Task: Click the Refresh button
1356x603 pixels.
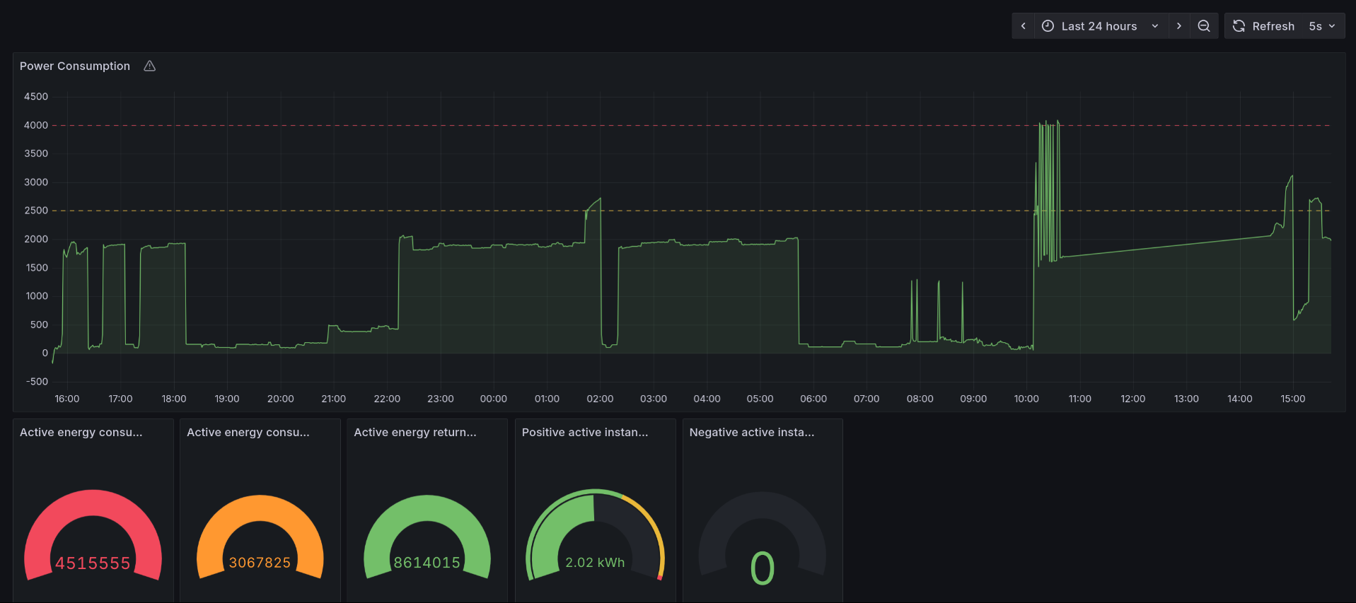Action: [1264, 26]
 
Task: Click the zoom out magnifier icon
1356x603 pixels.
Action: [1204, 26]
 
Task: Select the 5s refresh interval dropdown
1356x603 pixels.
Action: [1321, 26]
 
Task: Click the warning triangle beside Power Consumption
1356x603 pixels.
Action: [149, 66]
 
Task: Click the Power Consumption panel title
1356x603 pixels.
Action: [75, 66]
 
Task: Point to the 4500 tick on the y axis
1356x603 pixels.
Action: [36, 96]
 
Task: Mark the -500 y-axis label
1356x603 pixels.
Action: [37, 382]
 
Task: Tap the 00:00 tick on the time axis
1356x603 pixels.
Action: [493, 399]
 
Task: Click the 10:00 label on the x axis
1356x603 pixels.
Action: [1026, 399]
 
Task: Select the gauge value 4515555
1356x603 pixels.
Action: [93, 563]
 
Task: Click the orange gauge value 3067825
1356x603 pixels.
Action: [260, 563]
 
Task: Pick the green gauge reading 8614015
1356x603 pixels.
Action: [427, 563]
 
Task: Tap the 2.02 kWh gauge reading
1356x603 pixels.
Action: [595, 563]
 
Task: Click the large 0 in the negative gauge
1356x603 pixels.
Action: [762, 568]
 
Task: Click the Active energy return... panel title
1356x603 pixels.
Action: [415, 432]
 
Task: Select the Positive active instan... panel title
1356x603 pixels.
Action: [585, 432]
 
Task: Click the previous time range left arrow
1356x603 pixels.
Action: [1023, 26]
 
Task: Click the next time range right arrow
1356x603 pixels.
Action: [1178, 26]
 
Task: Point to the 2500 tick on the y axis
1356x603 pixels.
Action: [36, 211]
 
